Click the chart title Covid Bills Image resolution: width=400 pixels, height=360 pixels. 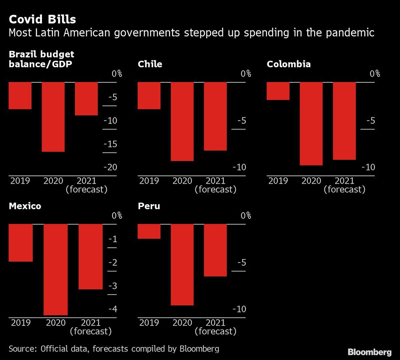click(x=42, y=20)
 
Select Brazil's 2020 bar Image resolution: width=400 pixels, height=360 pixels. click(x=53, y=117)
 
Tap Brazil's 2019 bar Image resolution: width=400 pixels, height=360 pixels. click(x=20, y=95)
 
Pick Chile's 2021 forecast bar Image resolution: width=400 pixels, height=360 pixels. click(x=215, y=116)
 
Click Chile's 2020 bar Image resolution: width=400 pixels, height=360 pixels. click(x=182, y=121)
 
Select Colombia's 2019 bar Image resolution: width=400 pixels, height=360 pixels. click(x=278, y=91)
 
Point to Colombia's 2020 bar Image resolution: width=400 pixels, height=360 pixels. click(x=311, y=123)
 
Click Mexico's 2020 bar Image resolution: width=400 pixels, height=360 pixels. click(x=56, y=269)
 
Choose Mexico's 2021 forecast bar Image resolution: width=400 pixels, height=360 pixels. click(x=90, y=257)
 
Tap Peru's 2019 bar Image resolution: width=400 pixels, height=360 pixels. click(x=149, y=231)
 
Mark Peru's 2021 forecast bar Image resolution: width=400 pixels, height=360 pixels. click(x=215, y=250)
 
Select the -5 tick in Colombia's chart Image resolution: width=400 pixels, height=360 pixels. click(x=370, y=121)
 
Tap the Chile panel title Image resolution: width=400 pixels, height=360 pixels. click(x=150, y=64)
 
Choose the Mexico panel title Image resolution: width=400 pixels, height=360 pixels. click(x=25, y=206)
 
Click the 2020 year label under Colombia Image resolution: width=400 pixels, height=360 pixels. click(x=311, y=181)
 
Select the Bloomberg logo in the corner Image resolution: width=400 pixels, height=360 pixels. click(x=369, y=352)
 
